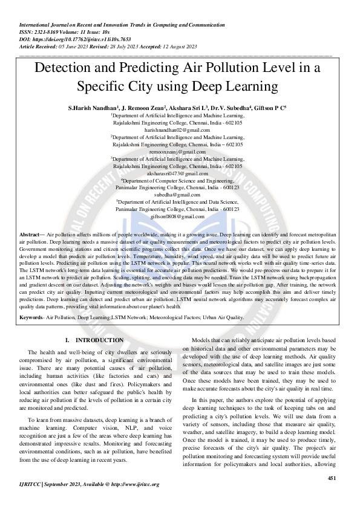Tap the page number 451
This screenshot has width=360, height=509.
coord(331,478)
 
